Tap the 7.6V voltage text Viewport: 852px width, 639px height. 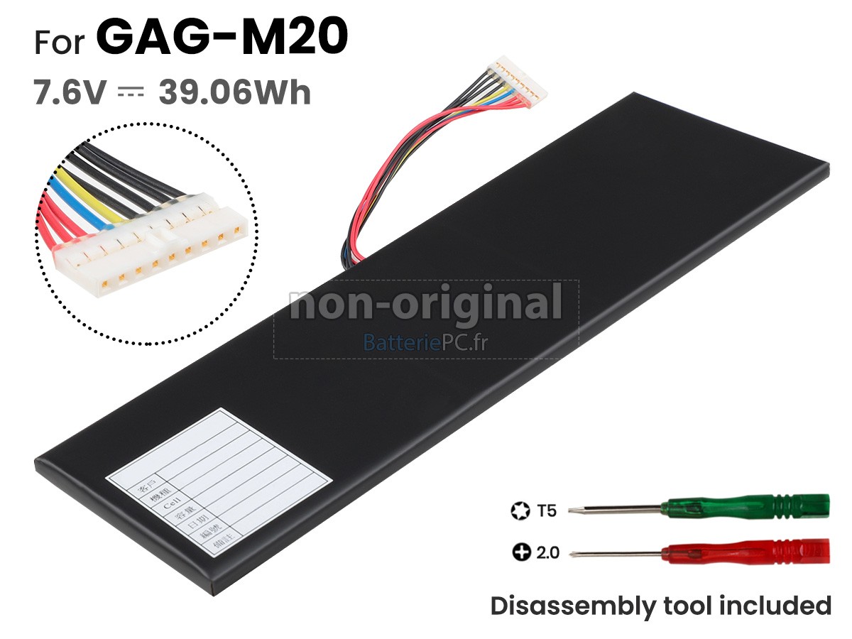(x=70, y=93)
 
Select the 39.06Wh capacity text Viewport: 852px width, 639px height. (x=235, y=93)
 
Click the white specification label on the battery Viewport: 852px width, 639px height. (x=218, y=484)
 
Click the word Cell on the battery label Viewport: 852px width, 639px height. (x=170, y=508)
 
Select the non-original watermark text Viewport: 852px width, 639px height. (x=426, y=305)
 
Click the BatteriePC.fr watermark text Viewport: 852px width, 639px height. (x=426, y=344)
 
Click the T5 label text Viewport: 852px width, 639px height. (x=547, y=510)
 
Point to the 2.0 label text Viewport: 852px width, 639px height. (x=547, y=552)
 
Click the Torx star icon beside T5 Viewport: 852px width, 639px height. (x=520, y=510)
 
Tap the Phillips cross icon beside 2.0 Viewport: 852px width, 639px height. (x=521, y=552)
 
